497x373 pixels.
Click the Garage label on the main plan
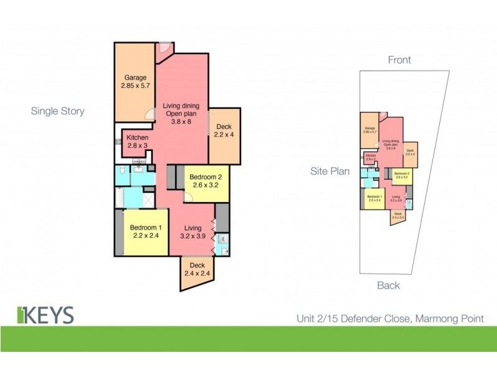tap(135, 78)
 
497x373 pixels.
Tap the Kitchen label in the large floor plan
tap(137, 137)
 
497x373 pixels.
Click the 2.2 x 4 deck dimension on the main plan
tap(224, 135)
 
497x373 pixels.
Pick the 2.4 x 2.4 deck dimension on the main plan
tap(197, 274)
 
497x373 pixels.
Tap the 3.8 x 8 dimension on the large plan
tap(181, 122)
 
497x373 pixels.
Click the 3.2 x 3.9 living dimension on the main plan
tap(192, 236)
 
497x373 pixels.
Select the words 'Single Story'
tap(58, 111)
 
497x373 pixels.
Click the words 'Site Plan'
tap(330, 171)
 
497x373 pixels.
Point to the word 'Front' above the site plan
tap(399, 60)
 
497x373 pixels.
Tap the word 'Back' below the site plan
tap(388, 285)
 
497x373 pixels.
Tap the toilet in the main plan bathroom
tap(123, 171)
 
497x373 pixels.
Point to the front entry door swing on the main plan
tap(164, 48)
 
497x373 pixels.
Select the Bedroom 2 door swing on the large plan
tap(189, 196)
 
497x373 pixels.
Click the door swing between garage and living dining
tap(149, 114)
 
